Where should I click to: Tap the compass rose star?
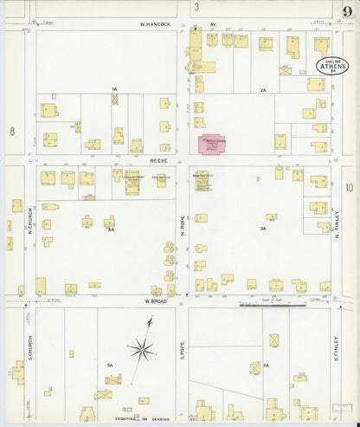[x=142, y=349]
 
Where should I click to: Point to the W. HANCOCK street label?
[x=157, y=24]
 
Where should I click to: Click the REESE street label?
[x=157, y=159]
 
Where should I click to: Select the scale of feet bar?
[x=273, y=304]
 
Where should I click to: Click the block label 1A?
[x=113, y=89]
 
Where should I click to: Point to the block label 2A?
[x=262, y=89]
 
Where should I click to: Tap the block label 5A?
[x=110, y=366]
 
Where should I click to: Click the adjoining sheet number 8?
[x=12, y=132]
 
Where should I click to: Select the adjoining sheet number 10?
[x=349, y=187]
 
